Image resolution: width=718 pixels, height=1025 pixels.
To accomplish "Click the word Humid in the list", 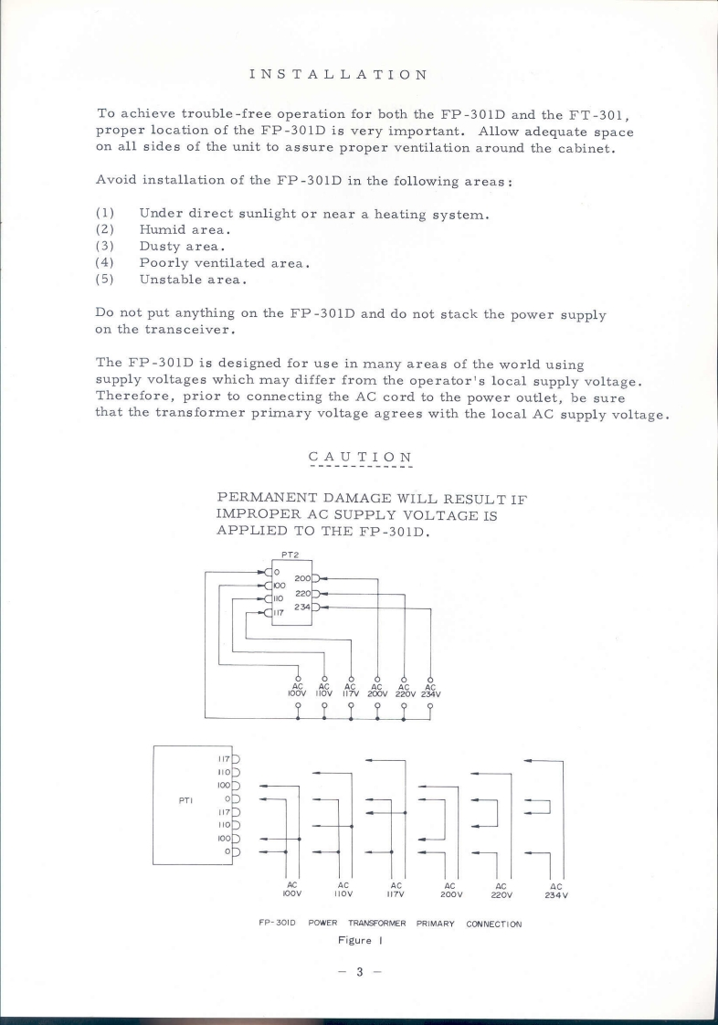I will point(159,231).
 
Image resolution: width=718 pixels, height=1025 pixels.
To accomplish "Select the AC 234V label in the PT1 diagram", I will point(554,890).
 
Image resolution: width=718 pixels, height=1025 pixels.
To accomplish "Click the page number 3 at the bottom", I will point(360,973).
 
